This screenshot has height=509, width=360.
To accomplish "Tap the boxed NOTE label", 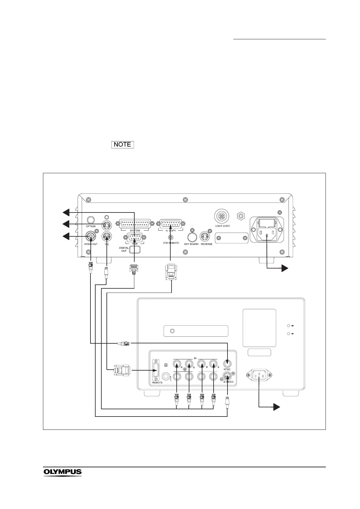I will coord(123,144).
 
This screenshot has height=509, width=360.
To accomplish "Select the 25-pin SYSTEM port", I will coord(135,224).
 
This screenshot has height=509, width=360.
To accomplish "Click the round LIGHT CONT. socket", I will coord(222,216).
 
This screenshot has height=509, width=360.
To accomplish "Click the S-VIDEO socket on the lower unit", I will coord(227,376).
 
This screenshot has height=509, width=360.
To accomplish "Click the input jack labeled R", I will coord(177,363).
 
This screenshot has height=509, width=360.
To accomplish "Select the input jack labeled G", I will coord(189,363).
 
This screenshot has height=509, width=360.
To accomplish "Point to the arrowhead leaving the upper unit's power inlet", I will coord(284,268).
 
